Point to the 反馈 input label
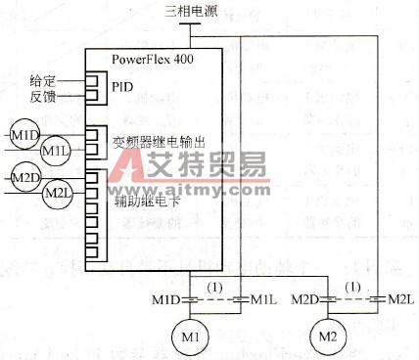[x=43, y=95]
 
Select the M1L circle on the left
[x=56, y=150]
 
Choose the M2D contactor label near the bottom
[x=307, y=298]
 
